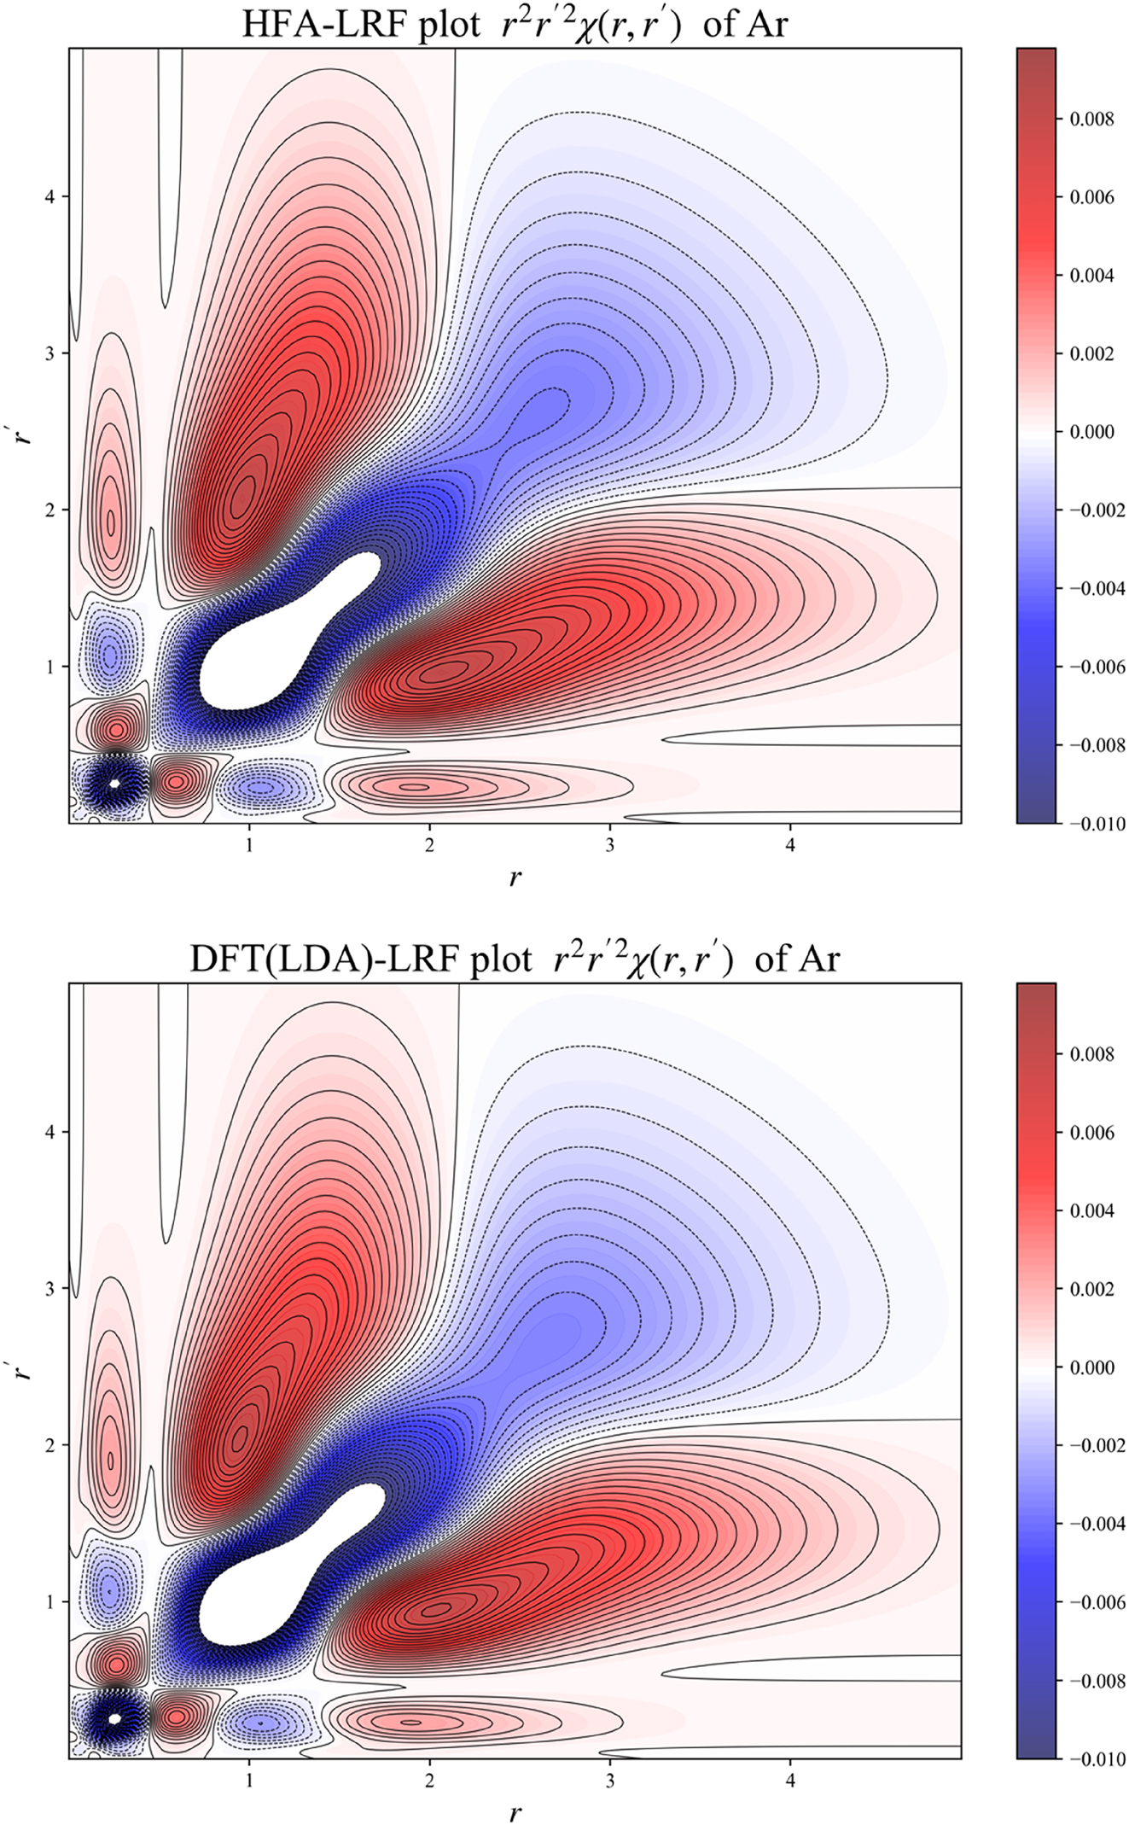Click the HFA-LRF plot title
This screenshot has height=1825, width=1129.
[514, 24]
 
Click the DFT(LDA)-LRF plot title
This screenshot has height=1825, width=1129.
[514, 959]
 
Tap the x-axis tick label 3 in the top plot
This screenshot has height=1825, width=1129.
[610, 845]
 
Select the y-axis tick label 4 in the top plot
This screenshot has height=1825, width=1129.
[50, 196]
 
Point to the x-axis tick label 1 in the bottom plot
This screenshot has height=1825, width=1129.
[249, 1781]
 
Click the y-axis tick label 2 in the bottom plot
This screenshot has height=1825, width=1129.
[50, 1445]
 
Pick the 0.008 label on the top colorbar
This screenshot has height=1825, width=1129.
[1091, 119]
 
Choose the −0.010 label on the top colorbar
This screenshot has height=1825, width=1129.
[1097, 824]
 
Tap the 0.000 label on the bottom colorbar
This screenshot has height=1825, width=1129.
[1091, 1367]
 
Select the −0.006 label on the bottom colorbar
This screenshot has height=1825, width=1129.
[1097, 1602]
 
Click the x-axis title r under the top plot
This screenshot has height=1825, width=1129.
[515, 877]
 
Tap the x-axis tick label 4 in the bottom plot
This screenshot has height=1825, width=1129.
[791, 1781]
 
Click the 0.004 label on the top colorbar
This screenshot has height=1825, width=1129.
[1091, 275]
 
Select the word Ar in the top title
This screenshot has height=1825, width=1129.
[766, 24]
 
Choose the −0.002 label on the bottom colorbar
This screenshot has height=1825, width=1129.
[1097, 1445]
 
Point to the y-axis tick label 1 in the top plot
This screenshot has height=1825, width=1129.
[50, 667]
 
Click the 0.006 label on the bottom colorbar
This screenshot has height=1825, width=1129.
[1091, 1132]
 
